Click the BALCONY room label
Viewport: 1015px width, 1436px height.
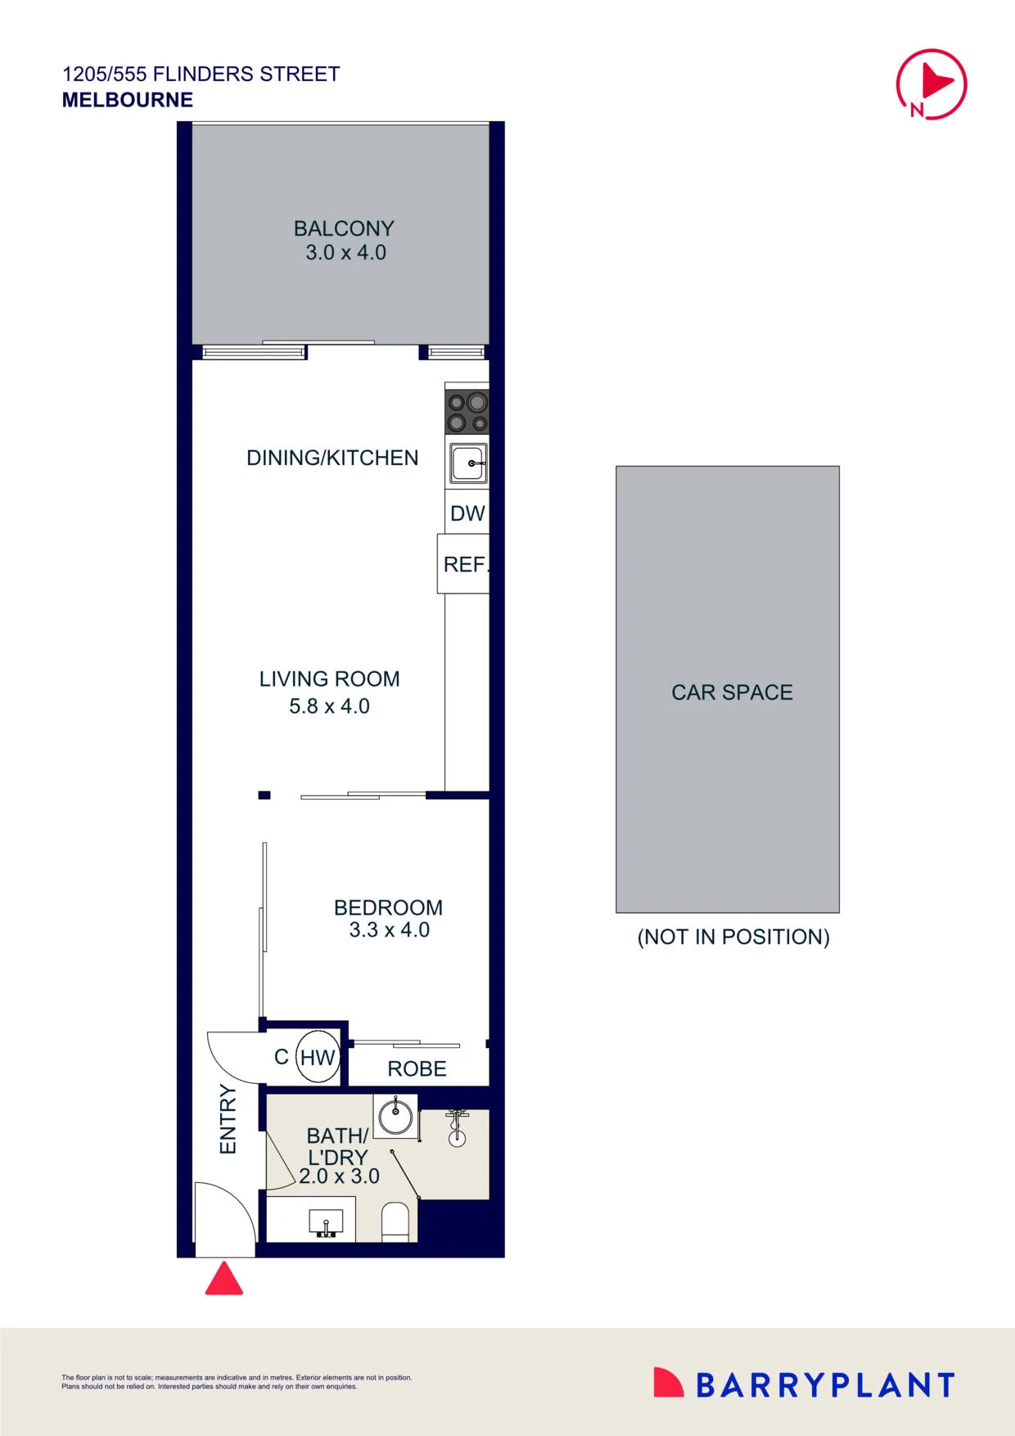click(x=344, y=228)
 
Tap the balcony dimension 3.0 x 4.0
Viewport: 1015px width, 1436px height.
click(x=345, y=252)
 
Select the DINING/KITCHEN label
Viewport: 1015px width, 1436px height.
click(x=332, y=458)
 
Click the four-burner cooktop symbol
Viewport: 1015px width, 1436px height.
click(x=467, y=411)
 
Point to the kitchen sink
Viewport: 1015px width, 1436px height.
click(x=467, y=463)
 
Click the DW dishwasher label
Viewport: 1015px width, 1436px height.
click(x=467, y=513)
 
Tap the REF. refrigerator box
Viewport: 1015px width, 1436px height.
click(x=463, y=564)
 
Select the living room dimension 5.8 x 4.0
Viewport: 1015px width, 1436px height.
click(x=329, y=706)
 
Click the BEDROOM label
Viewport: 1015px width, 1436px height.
click(x=388, y=907)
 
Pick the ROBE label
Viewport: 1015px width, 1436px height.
click(x=417, y=1068)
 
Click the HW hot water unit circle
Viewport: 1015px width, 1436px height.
click(x=317, y=1057)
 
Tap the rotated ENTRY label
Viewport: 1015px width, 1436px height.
click(x=228, y=1119)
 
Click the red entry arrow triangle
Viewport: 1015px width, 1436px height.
click(x=223, y=1279)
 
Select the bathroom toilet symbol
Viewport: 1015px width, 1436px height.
click(x=395, y=1222)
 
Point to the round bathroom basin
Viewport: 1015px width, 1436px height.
click(x=396, y=1115)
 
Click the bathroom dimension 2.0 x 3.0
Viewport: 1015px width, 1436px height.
click(x=339, y=1176)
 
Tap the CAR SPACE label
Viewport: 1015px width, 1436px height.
click(x=732, y=693)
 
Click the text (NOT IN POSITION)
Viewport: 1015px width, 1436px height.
click(x=733, y=937)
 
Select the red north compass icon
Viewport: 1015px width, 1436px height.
click(x=932, y=84)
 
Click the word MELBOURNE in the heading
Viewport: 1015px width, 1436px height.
click(x=128, y=100)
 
